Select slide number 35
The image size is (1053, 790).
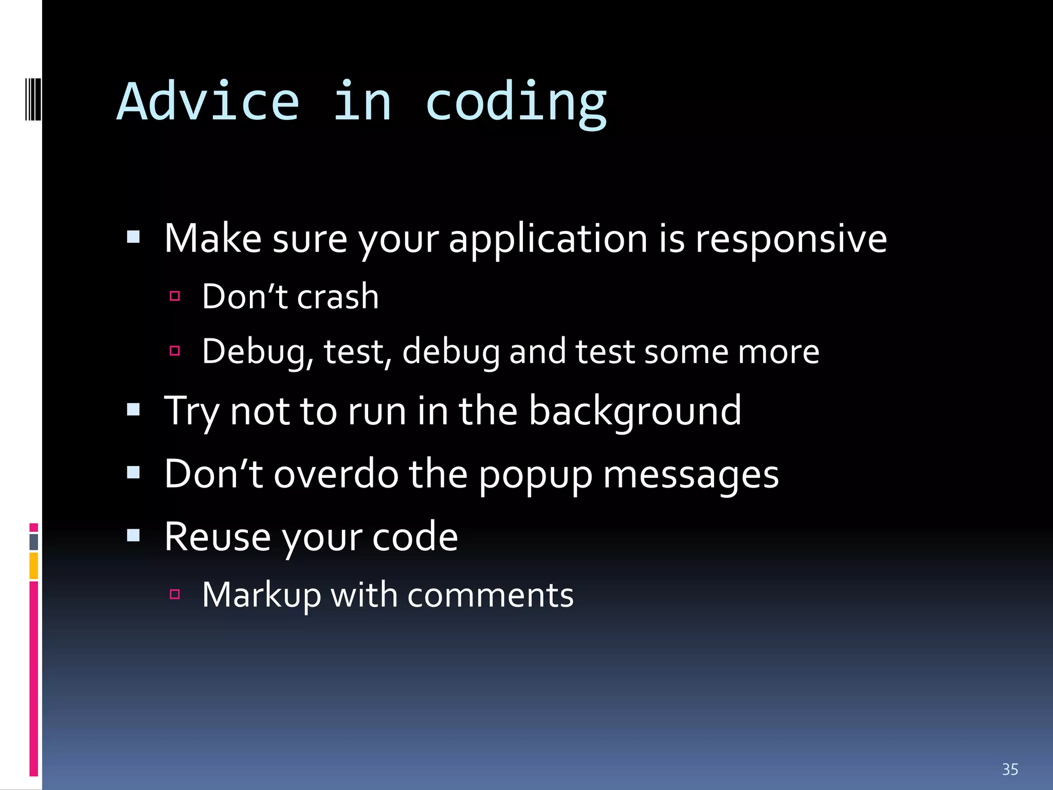(1009, 769)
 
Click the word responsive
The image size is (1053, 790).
(791, 240)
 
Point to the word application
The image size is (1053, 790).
(548, 240)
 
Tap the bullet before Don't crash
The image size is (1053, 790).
(175, 296)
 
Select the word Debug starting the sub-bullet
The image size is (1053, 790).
(258, 352)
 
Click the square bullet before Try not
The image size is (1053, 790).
(134, 409)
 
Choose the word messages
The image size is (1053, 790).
(691, 475)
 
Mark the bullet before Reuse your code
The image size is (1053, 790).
(134, 535)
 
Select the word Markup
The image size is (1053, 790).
(261, 596)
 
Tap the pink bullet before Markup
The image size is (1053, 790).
(175, 595)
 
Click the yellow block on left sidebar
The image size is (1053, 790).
(34, 566)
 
